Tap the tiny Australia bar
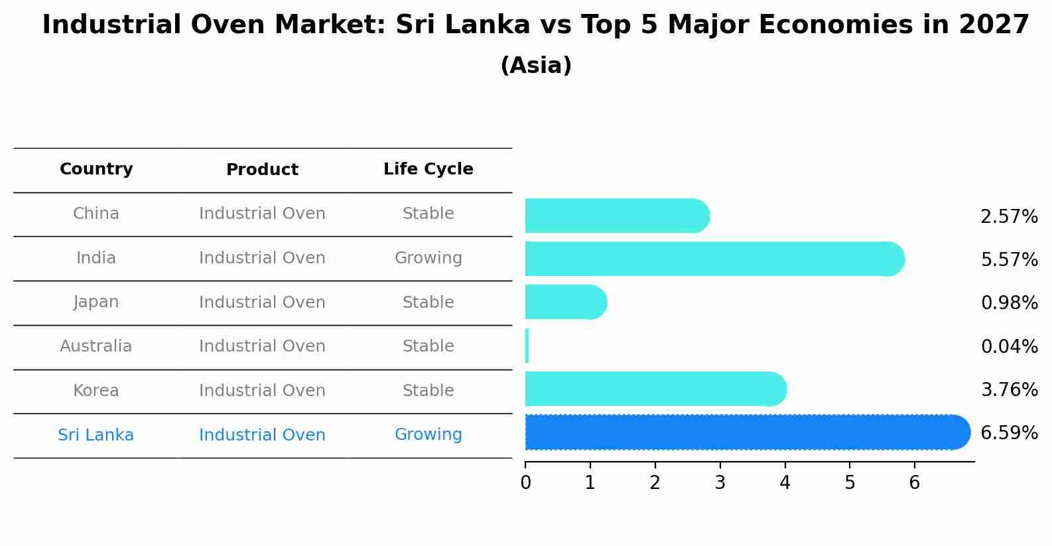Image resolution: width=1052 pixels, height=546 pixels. click(527, 346)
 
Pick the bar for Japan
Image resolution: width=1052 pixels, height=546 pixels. click(564, 302)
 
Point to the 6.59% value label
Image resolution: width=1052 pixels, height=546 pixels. click(1009, 433)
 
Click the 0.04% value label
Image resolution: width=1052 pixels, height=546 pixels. click(1009, 346)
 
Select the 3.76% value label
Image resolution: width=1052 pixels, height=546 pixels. click(1009, 389)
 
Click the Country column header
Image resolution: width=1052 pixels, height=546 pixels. click(96, 169)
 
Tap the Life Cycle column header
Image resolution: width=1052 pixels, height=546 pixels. click(428, 169)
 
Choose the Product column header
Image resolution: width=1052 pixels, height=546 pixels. click(262, 170)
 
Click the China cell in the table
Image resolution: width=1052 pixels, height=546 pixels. click(96, 214)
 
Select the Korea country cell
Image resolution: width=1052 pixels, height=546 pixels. click(96, 391)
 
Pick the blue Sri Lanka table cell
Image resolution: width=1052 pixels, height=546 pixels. click(96, 435)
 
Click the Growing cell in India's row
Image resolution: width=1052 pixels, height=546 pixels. click(428, 258)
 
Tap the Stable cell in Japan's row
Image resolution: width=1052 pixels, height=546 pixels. click(428, 303)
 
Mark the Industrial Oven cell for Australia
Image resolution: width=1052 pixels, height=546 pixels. click(262, 346)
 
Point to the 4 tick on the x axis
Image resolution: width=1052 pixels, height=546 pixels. click(785, 482)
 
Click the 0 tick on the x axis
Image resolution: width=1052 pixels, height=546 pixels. click(525, 482)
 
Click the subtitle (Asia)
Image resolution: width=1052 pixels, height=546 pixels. click(536, 66)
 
